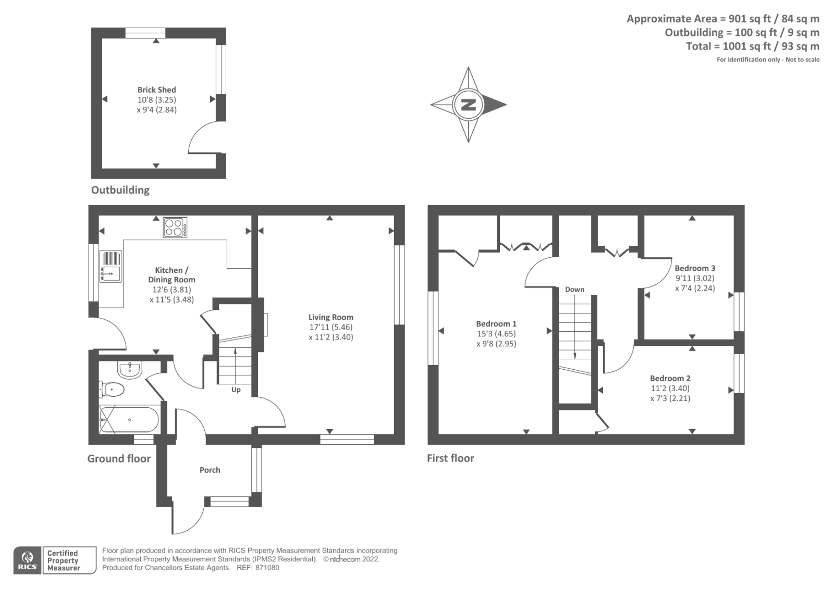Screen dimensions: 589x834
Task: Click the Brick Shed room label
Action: [x=156, y=90]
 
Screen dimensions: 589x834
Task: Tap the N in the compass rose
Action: [x=468, y=104]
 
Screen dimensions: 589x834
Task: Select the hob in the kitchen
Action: [x=175, y=227]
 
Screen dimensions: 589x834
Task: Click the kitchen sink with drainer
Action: [x=110, y=266]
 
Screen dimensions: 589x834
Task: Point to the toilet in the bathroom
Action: [x=112, y=389]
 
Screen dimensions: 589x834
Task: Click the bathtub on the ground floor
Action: [x=129, y=419]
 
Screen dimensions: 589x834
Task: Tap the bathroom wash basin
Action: [x=129, y=370]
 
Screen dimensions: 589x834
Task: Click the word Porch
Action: [x=210, y=470]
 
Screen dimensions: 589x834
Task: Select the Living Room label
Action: [x=330, y=317]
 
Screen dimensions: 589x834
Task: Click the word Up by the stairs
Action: [x=236, y=390]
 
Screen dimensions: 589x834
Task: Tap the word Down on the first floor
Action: [x=574, y=289]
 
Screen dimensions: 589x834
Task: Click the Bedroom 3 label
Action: [x=694, y=268]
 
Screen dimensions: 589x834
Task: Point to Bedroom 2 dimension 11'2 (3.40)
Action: [x=670, y=388]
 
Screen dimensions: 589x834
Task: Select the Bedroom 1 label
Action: [x=496, y=323]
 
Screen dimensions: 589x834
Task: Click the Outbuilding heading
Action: [x=120, y=190]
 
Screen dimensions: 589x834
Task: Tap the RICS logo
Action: [x=27, y=560]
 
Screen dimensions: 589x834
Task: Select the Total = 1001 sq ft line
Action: [x=752, y=46]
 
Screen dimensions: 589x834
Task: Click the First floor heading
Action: [x=450, y=458]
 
